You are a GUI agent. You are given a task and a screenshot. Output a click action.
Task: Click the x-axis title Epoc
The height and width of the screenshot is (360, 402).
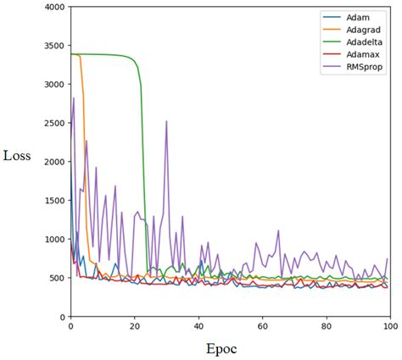click(223, 348)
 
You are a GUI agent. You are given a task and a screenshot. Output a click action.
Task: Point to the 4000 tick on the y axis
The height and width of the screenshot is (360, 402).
click(53, 7)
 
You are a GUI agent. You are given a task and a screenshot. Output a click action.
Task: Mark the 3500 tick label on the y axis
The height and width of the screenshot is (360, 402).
click(53, 46)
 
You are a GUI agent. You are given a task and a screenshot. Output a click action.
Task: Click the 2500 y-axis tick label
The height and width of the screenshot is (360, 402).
click(53, 123)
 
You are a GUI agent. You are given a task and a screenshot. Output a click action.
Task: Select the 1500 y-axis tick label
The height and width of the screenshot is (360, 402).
click(53, 201)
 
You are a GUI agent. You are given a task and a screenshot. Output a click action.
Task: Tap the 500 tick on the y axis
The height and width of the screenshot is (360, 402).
click(56, 278)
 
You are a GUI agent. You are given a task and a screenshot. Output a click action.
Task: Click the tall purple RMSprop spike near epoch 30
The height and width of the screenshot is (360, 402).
click(166, 122)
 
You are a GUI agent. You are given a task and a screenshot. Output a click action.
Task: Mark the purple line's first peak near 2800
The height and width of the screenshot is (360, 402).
click(74, 99)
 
